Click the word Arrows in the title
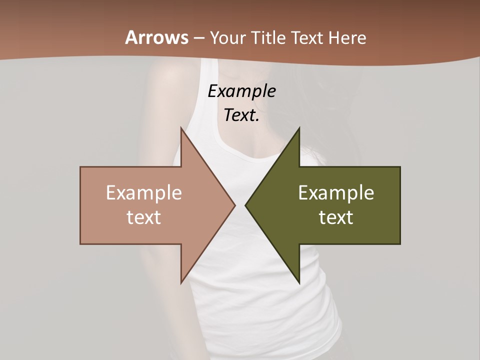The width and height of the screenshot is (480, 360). pos(157,37)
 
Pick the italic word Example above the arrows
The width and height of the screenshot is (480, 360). pos(241,91)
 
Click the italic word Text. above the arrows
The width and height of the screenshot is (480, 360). pos(241,115)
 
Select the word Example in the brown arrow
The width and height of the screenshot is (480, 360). pos(143,193)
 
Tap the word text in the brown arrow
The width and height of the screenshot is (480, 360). pos(143,217)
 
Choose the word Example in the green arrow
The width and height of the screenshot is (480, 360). pos(336,193)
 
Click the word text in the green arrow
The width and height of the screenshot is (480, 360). pos(336,217)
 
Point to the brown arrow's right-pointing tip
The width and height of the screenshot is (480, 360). pos(234,205)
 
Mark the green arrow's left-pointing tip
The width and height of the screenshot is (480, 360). pos(246,205)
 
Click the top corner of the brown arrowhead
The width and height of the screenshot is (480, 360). pos(181,129)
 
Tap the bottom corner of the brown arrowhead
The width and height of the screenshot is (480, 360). pos(181,282)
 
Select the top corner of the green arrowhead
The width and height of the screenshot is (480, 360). pos(299,129)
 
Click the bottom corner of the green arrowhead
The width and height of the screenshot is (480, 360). pos(299,282)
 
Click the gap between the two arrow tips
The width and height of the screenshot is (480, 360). pos(240,205)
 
